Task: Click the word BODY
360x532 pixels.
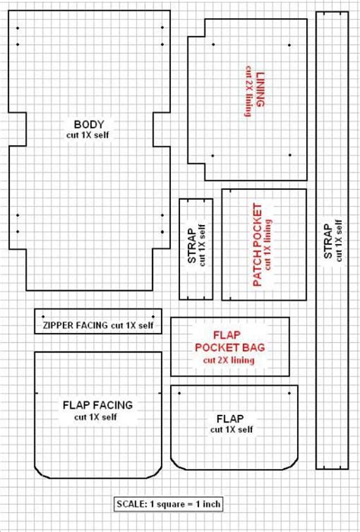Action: pos(89,125)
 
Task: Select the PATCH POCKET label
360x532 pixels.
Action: pos(257,245)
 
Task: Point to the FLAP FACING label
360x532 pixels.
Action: pos(98,405)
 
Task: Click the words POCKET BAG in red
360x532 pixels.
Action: pos(230,347)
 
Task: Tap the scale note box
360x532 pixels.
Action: pos(169,504)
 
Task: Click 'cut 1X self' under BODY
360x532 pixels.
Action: pos(88,135)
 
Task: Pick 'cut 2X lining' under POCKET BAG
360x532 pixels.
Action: pos(229,360)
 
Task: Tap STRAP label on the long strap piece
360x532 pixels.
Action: pos(328,241)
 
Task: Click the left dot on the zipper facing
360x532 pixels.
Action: pos(43,317)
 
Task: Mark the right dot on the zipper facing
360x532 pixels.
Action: pos(153,317)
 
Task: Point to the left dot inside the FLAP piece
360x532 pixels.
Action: pos(179,393)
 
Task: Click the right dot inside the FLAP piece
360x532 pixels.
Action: pos(289,393)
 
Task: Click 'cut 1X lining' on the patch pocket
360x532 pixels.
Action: pos(268,245)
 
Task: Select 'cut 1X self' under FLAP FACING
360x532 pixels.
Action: pos(96,417)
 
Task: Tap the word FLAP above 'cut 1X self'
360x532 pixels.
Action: pos(230,419)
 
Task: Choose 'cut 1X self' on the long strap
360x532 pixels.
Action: pos(339,241)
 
